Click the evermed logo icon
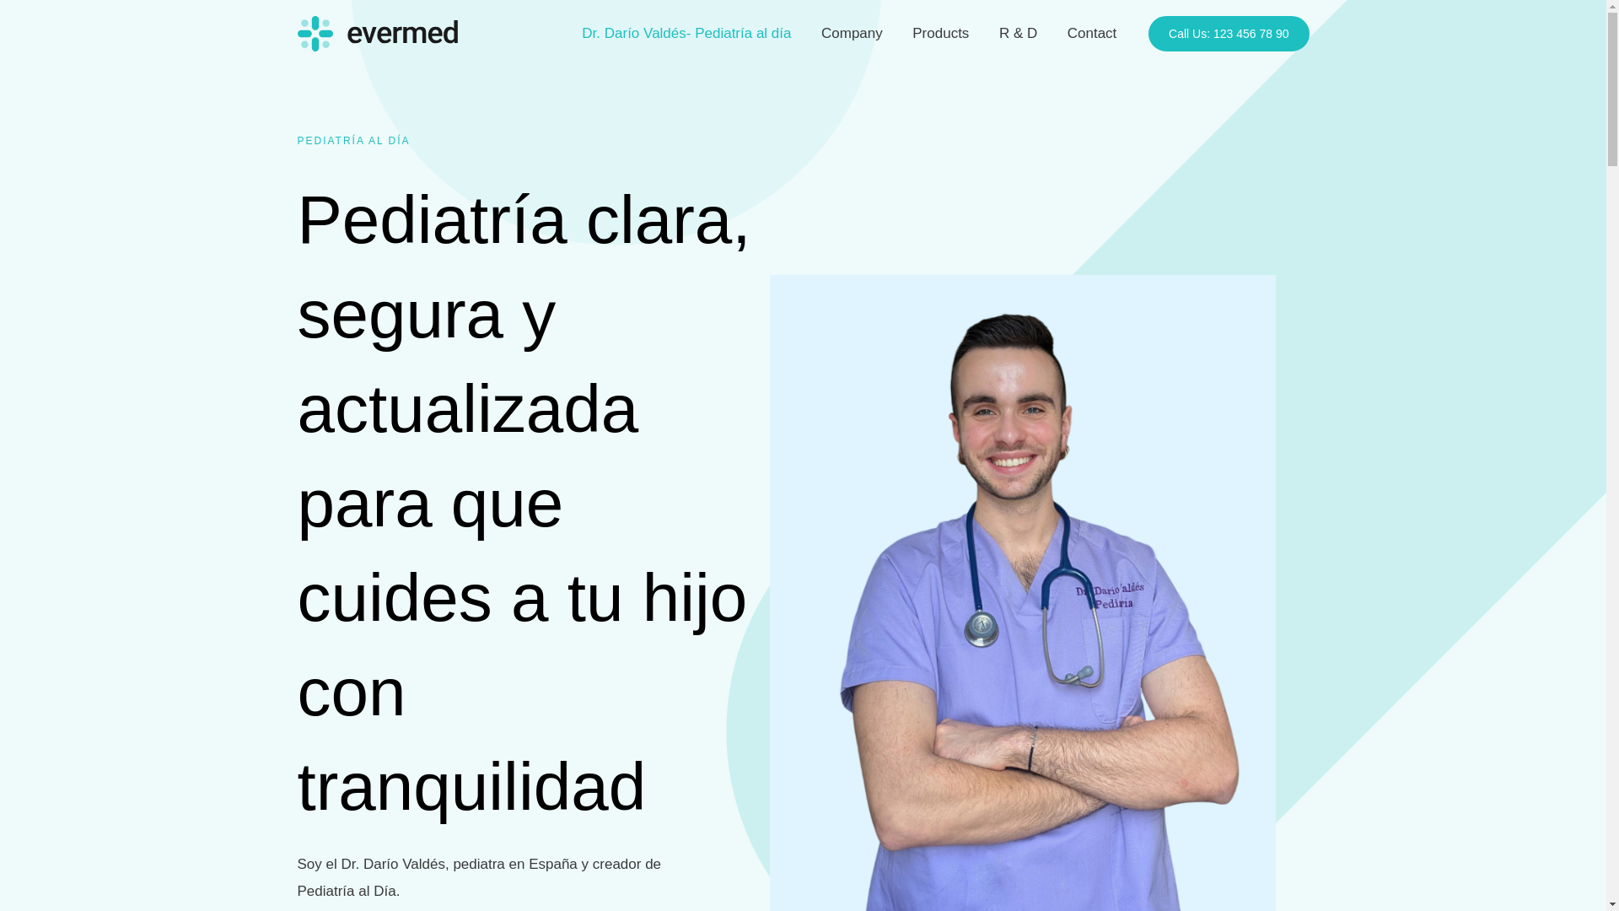coord(315,34)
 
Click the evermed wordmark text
coord(402,34)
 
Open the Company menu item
coord(852,34)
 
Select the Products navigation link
coord(940,34)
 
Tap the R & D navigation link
coord(1018,34)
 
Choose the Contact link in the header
coord(1091,34)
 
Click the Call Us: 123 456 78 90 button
coord(1228,34)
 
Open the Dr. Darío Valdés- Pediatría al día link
coord(686,34)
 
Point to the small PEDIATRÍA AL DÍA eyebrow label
coord(353,141)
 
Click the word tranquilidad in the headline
coord(471,787)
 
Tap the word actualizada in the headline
coord(467,409)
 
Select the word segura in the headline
coord(400,315)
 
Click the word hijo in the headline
coord(694,598)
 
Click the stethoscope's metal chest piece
coord(982,625)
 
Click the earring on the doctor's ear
coord(1066,453)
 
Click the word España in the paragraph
coord(552,865)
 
